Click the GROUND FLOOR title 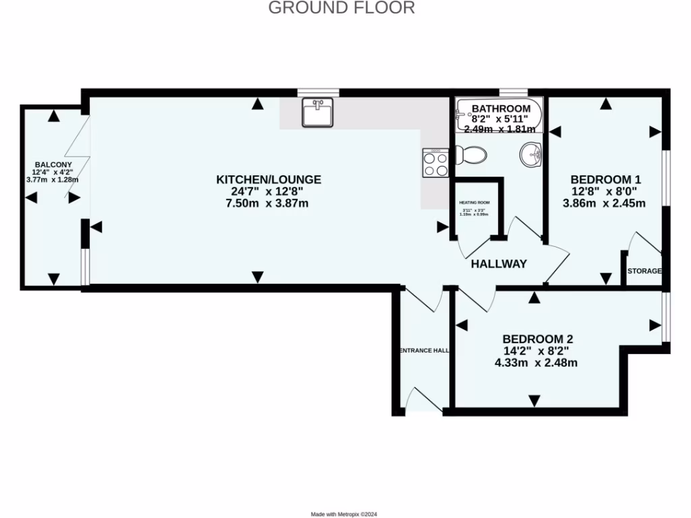[341, 8]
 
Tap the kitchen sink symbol [316, 113]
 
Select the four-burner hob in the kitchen [435, 163]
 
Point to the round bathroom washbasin [531, 154]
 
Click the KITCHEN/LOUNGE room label [269, 179]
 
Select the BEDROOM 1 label [605, 179]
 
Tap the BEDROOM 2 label [537, 339]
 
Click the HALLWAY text [499, 264]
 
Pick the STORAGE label [644, 271]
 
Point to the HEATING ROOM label [474, 202]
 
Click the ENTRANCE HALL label [424, 351]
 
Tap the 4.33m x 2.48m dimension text [536, 363]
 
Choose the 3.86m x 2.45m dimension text [605, 203]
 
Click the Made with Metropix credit [345, 514]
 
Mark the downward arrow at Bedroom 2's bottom [534, 401]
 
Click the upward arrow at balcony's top [53, 116]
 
